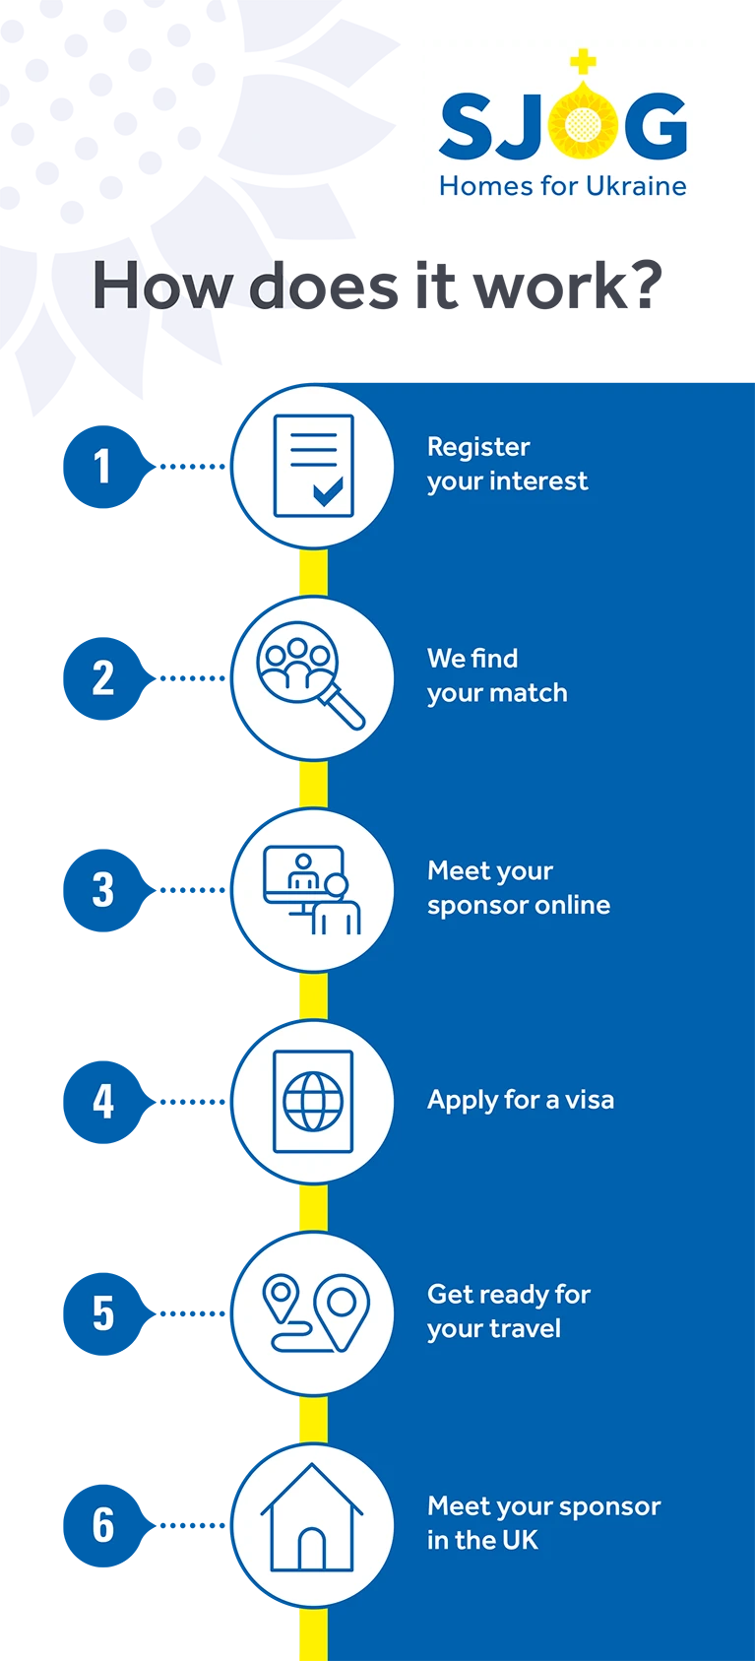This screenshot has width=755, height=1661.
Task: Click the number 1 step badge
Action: [x=103, y=467]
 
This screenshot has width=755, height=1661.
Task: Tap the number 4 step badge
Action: [x=103, y=1102]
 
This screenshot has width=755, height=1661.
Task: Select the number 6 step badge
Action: [x=103, y=1525]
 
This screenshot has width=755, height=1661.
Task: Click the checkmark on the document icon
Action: [x=328, y=491]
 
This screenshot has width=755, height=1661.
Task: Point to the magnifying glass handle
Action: [x=343, y=707]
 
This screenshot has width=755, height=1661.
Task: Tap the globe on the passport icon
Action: [x=313, y=1101]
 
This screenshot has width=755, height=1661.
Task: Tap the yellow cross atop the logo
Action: [x=583, y=62]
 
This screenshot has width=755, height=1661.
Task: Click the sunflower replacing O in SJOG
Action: [x=583, y=122]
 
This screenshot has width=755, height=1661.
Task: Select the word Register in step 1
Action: [x=478, y=447]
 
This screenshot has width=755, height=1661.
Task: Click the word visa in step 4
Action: [x=590, y=1100]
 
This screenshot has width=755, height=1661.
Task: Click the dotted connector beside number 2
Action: [x=192, y=678]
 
